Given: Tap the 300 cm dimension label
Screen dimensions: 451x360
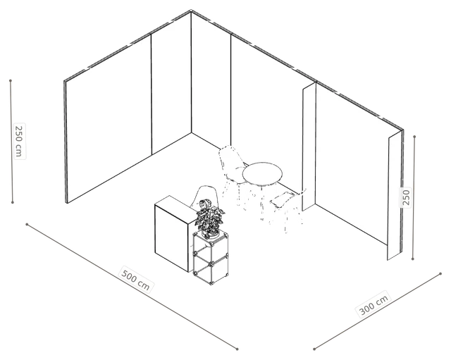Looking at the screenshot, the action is click(x=374, y=304).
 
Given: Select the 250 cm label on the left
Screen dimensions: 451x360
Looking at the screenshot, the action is click(x=19, y=141).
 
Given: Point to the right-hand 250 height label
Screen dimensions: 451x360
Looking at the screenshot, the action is click(x=406, y=197).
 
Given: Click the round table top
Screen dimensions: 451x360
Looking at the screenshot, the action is click(x=262, y=173).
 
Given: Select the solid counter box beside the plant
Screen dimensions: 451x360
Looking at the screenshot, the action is click(x=172, y=233).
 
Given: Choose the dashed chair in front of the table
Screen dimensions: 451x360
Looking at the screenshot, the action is click(x=286, y=209).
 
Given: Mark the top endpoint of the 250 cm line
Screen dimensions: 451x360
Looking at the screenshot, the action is click(x=11, y=81).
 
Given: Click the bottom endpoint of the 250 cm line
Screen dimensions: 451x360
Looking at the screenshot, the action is click(x=13, y=202).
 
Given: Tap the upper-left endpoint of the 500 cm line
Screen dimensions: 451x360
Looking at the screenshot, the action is click(x=27, y=224).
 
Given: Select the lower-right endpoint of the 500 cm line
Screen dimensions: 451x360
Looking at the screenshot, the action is click(x=237, y=349).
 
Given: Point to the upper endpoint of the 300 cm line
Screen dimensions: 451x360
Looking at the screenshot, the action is click(x=440, y=274).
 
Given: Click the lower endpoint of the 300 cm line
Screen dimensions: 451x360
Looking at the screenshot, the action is click(x=314, y=349).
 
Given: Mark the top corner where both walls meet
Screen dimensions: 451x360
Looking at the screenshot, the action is click(x=191, y=11).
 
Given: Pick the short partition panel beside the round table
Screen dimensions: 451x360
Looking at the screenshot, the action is click(x=309, y=147).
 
